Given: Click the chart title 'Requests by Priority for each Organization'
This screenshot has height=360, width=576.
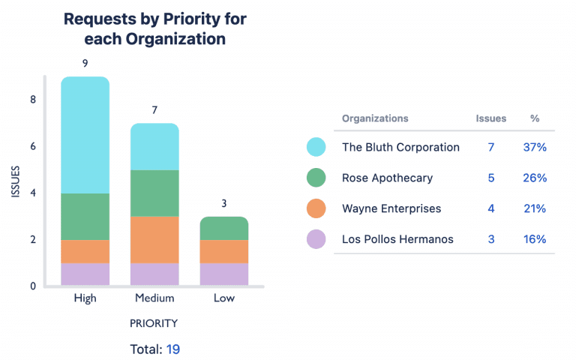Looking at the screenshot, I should click(x=154, y=29).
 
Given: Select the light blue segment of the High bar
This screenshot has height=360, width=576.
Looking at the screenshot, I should click(x=85, y=135).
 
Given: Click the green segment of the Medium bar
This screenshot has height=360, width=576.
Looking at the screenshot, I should click(x=154, y=193).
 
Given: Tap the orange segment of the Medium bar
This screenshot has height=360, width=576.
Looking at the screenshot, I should click(x=154, y=239).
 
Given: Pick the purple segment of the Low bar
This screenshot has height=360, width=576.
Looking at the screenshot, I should click(x=223, y=274).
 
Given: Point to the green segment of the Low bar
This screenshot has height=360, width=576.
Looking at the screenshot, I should click(x=223, y=228).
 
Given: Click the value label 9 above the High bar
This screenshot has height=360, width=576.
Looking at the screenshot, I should click(x=85, y=64).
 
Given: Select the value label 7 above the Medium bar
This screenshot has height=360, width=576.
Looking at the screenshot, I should click(x=154, y=110).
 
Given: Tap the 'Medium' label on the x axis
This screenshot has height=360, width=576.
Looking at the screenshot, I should click(x=154, y=298).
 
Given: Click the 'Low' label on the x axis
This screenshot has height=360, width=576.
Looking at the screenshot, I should click(x=223, y=298).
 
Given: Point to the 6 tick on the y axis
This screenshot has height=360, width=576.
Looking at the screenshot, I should click(x=33, y=146).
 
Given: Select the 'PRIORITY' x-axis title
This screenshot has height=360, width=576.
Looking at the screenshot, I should click(x=154, y=323).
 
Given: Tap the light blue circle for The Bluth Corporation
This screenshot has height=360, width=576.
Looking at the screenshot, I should click(x=316, y=147).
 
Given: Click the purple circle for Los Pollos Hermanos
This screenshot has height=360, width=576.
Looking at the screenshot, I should click(x=316, y=239).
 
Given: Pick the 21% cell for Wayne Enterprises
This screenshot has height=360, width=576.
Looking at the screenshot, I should click(x=535, y=208).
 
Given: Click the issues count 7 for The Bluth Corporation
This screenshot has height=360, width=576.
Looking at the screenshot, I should click(x=491, y=147).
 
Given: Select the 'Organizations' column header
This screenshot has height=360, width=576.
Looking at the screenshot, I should click(x=375, y=118).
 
